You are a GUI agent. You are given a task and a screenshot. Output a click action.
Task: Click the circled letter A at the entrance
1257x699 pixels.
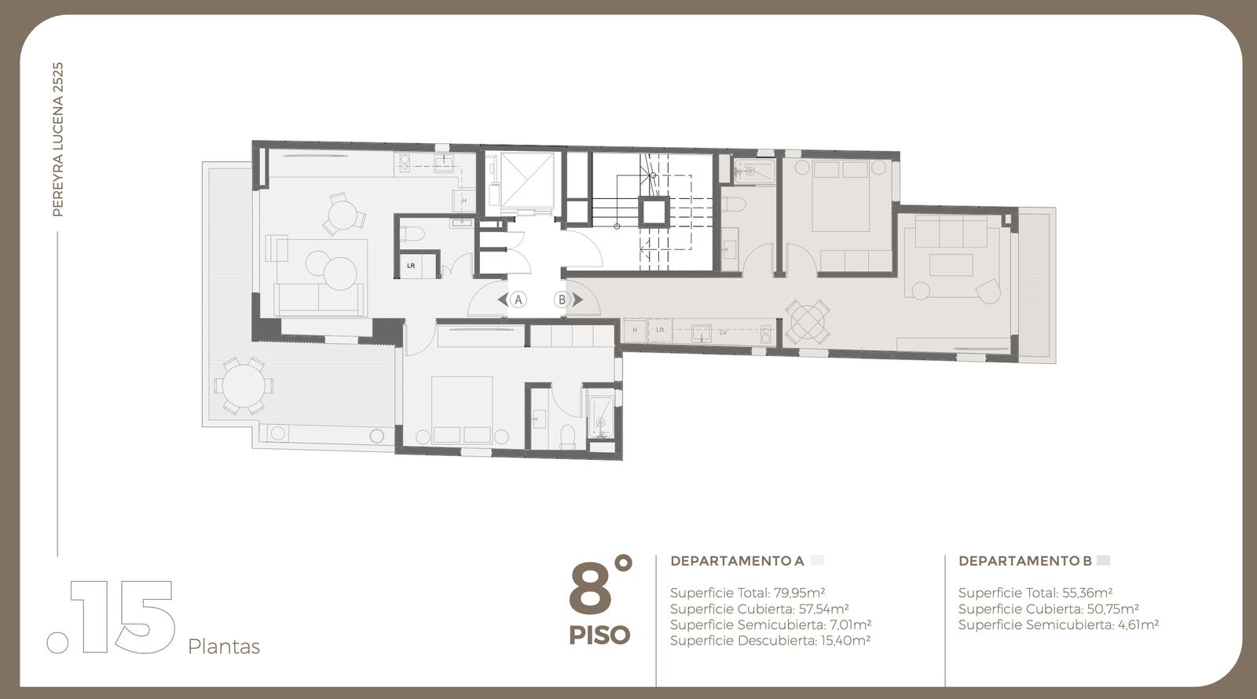[518, 300]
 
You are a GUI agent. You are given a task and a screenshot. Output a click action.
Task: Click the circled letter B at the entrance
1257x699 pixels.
[562, 300]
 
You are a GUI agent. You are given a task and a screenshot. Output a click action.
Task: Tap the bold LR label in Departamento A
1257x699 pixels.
[411, 266]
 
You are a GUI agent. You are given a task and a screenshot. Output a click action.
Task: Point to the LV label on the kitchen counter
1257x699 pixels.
[723, 333]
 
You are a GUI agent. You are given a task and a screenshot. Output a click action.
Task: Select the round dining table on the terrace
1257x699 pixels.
[243, 386]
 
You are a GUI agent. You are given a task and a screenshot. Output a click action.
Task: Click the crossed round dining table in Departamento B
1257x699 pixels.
[807, 322]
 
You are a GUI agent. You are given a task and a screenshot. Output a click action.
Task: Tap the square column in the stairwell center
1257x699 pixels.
[654, 212]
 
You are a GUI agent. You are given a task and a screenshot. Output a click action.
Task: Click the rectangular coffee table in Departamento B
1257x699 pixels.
[951, 265]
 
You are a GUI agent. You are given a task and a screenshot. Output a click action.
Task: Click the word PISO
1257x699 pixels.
[599, 635]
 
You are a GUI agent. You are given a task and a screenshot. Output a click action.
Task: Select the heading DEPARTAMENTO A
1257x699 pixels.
[738, 561]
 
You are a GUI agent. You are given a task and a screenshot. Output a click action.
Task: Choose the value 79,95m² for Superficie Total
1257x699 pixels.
[800, 593]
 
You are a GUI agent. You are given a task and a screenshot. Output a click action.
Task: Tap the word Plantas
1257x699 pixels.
[224, 647]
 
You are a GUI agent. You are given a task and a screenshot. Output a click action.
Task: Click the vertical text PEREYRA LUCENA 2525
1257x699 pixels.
[58, 139]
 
